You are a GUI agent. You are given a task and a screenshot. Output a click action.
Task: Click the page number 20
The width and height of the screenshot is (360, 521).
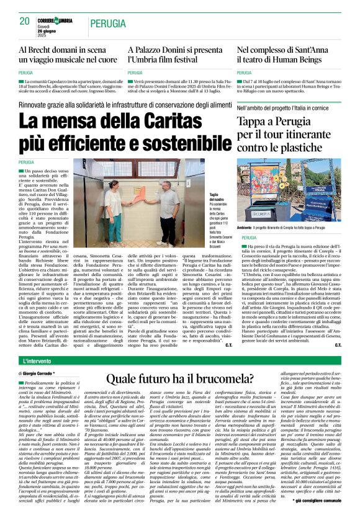[x=24, y=21]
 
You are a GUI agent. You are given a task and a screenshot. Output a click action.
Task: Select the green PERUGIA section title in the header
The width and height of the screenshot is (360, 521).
[x=110, y=24]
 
